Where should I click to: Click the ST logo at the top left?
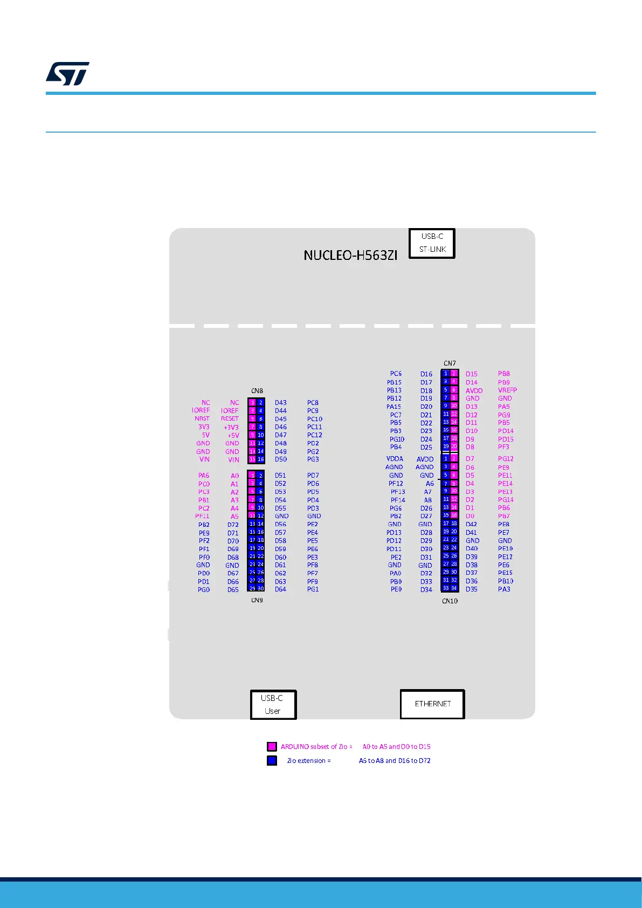pos(67,74)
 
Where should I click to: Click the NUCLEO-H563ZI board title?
pos(350,255)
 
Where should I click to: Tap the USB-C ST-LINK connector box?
pos(432,243)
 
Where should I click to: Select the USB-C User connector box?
pos(273,704)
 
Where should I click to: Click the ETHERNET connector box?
pos(432,704)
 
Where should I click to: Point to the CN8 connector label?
pos(257,391)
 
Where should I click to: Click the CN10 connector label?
pos(450,601)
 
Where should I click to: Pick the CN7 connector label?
pos(450,363)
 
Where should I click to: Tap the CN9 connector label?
pos(257,600)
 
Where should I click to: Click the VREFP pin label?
pos(507,390)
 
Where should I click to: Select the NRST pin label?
pos(202,418)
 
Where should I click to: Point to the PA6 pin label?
pos(203,476)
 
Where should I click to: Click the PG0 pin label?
pos(204,590)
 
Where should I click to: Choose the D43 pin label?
pos(281,403)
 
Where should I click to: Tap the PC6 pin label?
pos(396,374)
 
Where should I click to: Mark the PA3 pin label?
pos(504,589)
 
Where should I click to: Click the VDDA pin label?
pos(395,459)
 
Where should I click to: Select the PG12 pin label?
pos(506,459)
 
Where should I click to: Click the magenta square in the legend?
pos(272,747)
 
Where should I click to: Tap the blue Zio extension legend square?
pos(272,761)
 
